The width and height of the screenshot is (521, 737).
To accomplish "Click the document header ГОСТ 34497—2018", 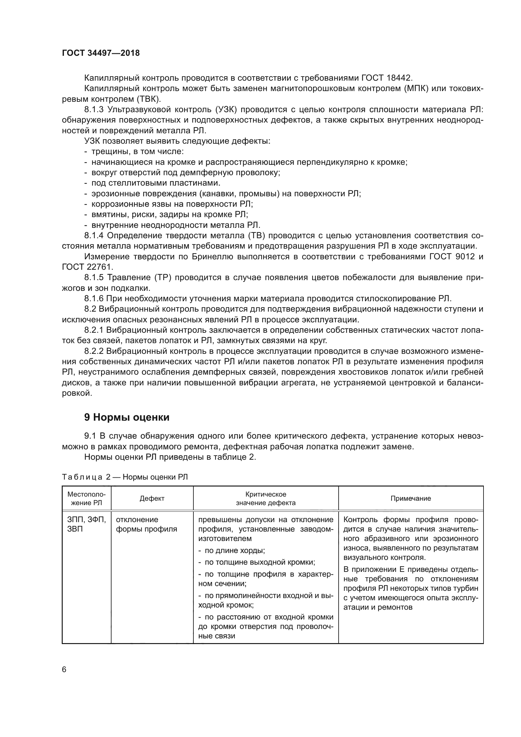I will coord(101,53).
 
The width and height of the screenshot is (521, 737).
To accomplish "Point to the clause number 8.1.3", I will coord(94,110).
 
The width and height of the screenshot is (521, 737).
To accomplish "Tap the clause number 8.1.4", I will coord(94,236).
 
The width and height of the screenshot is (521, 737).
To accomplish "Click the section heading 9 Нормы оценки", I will coord(127,417).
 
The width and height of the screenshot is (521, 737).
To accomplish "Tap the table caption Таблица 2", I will coord(86,477).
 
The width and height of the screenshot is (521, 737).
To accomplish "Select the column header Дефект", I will coord(152,498).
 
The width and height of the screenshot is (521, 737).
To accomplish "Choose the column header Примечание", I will coord(411,498).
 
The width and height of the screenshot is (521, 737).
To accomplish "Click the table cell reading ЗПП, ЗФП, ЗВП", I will coord(86,524).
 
